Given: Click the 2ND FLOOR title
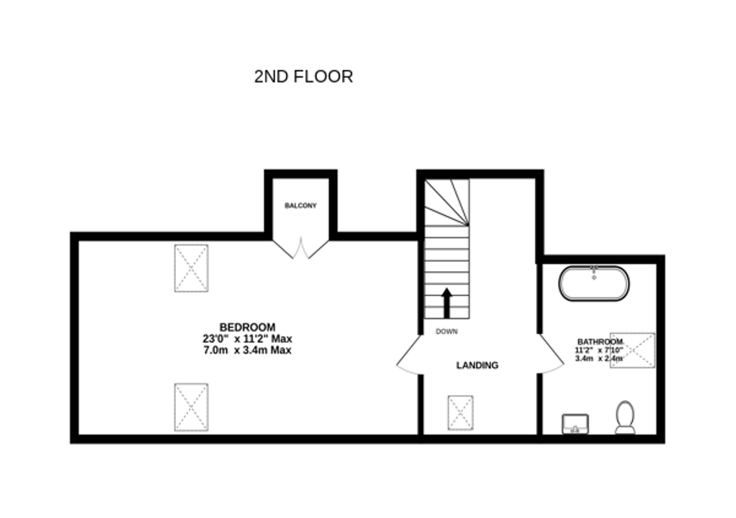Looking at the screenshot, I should coord(303,77).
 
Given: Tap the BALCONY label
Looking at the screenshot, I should coord(300,205).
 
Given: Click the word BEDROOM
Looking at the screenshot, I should coord(247,327).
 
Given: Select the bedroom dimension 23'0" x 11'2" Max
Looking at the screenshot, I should coord(247,338).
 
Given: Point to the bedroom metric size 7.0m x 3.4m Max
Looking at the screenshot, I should coord(247,350).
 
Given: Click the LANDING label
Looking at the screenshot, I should coord(477,365).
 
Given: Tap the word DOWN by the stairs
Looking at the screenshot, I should coord(446,331).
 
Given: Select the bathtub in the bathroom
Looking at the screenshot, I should coord(594,283).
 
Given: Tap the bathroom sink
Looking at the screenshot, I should coord(575,424).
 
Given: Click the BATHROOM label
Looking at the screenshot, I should coord(599,342).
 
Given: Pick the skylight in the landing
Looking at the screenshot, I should coord(460,413).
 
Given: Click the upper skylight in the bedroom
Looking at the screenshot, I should coord(191,268).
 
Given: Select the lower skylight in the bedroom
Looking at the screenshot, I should coord(191,407).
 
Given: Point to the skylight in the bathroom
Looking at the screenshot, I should coord(632,350).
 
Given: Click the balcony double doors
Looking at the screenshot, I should coord(301,249).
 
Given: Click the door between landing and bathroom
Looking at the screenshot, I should coord(551,355).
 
